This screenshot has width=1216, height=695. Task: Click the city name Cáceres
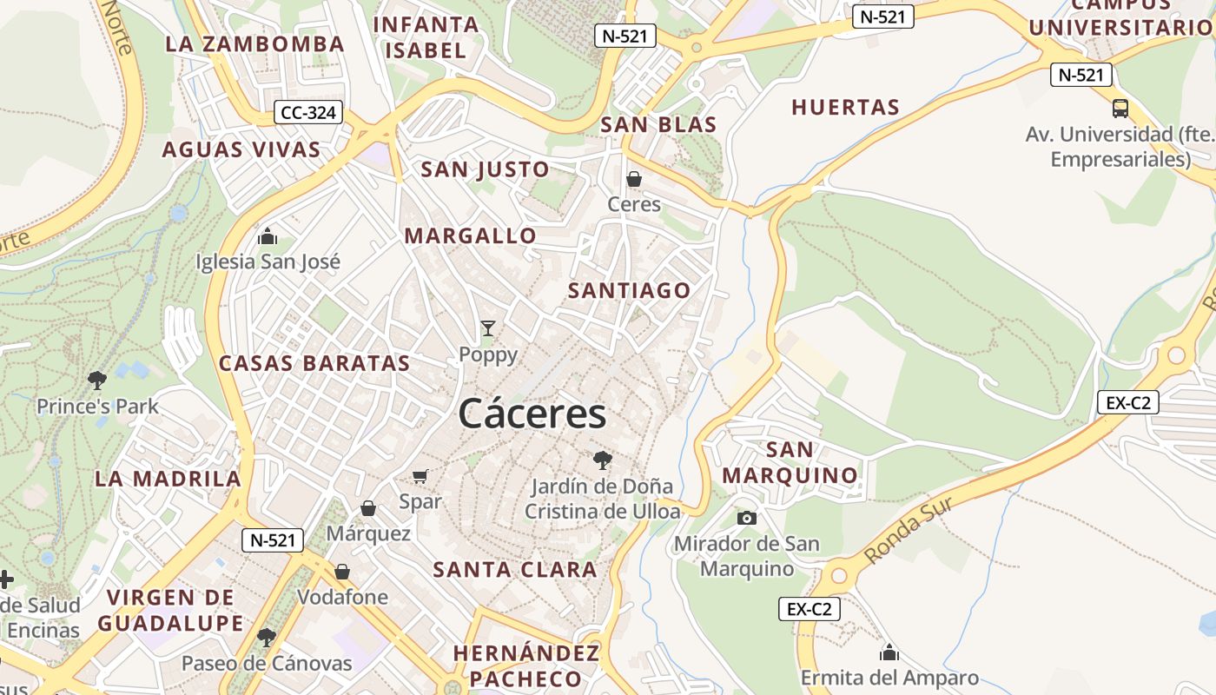pyautogui.click(x=532, y=414)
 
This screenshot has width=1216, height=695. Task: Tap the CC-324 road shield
pyautogui.click(x=308, y=112)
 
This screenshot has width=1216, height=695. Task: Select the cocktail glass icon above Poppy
pyautogui.click(x=488, y=328)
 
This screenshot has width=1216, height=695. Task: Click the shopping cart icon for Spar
pyautogui.click(x=420, y=475)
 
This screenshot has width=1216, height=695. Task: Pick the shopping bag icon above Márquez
pyautogui.click(x=368, y=508)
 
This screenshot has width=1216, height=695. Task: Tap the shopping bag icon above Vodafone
pyautogui.click(x=342, y=572)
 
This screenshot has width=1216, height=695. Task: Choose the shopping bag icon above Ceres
pyautogui.click(x=634, y=179)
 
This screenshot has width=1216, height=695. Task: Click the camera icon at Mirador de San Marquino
pyautogui.click(x=746, y=519)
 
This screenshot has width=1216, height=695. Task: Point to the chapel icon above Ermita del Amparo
pyautogui.click(x=889, y=652)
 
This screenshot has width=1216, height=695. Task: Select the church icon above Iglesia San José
pyautogui.click(x=268, y=236)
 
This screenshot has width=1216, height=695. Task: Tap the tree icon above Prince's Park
pyautogui.click(x=97, y=380)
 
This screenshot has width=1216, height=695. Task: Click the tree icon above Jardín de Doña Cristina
pyautogui.click(x=602, y=460)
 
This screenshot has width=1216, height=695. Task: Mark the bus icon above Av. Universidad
pyautogui.click(x=1120, y=109)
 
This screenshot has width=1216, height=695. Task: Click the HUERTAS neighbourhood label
pyautogui.click(x=845, y=108)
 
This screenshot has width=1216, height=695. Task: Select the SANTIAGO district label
pyautogui.click(x=629, y=290)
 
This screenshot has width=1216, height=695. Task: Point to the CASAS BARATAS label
pyautogui.click(x=314, y=363)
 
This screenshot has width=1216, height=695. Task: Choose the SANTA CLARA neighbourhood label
pyautogui.click(x=515, y=570)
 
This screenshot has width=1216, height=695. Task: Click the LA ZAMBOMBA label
pyautogui.click(x=254, y=43)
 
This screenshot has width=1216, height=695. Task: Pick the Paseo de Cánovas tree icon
pyautogui.click(x=267, y=638)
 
